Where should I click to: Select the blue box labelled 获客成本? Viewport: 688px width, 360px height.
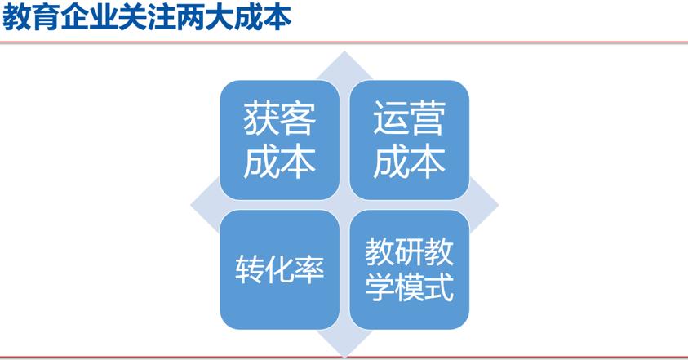pos(279,140)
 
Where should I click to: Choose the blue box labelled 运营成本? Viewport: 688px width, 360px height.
pos(409,140)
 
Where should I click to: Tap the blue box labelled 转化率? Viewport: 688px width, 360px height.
pos(279,269)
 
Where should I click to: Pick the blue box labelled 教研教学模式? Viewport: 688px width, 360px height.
pos(409,269)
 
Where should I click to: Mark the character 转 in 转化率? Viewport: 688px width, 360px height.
pos(250,270)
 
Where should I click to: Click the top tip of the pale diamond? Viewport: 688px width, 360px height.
pos(344,53)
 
